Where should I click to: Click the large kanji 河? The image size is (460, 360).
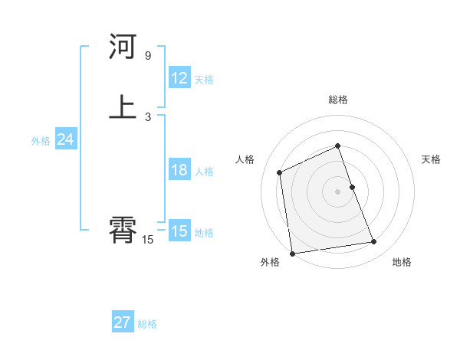click(123, 47)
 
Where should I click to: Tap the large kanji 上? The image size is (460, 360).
click(123, 106)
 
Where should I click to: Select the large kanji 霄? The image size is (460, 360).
click(123, 230)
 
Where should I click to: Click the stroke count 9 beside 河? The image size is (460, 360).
click(148, 56)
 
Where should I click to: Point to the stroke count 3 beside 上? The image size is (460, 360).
click(148, 116)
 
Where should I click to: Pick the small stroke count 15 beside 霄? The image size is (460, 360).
click(148, 240)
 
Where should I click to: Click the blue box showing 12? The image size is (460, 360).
click(179, 78)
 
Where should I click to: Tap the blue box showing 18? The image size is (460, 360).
click(179, 170)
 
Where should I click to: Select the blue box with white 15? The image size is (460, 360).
click(179, 231)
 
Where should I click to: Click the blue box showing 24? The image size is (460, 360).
click(66, 139)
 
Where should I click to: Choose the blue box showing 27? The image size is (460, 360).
click(123, 322)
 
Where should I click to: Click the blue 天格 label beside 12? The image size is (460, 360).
click(203, 80)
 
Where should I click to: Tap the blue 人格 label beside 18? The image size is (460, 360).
click(203, 172)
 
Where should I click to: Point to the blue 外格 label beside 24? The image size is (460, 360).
click(41, 141)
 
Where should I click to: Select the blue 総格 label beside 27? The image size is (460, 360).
click(147, 324)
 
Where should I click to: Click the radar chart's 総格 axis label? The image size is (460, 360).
click(338, 100)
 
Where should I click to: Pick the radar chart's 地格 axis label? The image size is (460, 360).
click(402, 263)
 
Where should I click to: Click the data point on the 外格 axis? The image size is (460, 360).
click(292, 253)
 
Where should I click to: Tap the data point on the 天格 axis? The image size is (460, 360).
click(352, 186)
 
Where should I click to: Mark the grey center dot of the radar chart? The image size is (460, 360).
click(338, 191)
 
